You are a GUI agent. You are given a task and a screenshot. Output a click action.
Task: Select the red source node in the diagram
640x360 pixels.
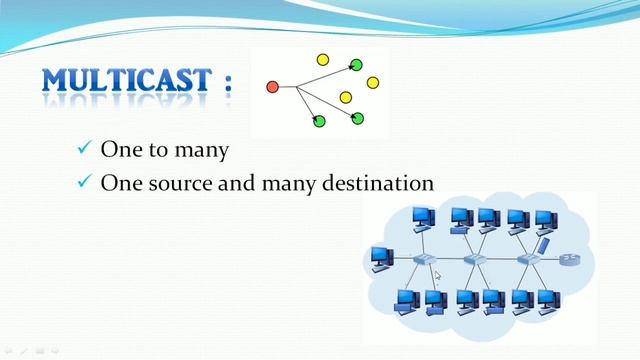pyautogui.click(x=272, y=87)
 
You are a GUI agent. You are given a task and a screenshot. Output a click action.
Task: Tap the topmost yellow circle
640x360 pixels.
pyautogui.click(x=322, y=59)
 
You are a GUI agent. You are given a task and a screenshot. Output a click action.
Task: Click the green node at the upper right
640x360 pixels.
pyautogui.click(x=356, y=66)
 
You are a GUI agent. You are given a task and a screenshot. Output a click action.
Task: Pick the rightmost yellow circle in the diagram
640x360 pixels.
pyautogui.click(x=373, y=82)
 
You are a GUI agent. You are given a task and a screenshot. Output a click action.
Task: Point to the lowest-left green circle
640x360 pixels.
pyautogui.click(x=319, y=121)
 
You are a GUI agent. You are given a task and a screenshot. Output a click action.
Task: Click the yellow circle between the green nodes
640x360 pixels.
pyautogui.click(x=346, y=97)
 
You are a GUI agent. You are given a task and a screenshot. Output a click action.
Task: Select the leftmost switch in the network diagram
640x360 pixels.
pyautogui.click(x=420, y=260)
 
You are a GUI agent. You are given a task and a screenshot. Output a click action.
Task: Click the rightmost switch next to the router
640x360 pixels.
pyautogui.click(x=527, y=260)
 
